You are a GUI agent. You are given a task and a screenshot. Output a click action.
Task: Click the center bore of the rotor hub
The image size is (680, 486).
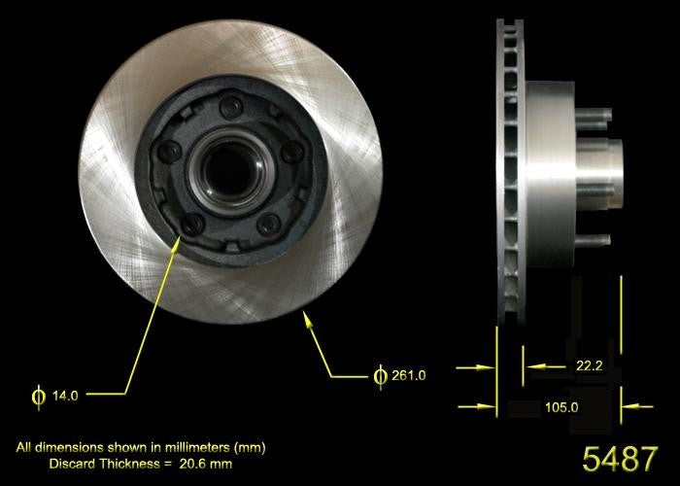pos(226,163)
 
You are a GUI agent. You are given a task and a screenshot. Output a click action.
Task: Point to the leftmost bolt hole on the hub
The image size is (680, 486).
pos(168,152)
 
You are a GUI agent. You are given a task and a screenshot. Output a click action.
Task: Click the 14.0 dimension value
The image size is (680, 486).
pos(65,396)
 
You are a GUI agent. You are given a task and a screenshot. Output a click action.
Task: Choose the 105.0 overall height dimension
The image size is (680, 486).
pos(561,407)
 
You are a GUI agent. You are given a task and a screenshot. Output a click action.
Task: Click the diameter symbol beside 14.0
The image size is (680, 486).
pos(39,396)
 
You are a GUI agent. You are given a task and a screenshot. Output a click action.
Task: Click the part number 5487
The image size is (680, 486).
pos(619,459)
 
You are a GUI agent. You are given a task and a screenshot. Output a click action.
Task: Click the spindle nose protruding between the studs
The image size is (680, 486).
pos(614,155)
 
